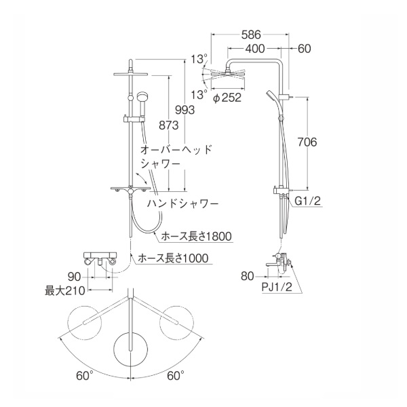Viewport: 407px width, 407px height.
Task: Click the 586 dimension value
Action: pyautogui.click(x=251, y=35)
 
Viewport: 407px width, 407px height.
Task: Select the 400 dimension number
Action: pyautogui.click(x=255, y=49)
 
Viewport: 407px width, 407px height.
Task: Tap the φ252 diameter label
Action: pyautogui.click(x=227, y=98)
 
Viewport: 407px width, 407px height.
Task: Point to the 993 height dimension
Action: pyautogui.click(x=185, y=110)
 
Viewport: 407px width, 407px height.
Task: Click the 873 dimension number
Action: pyautogui.click(x=169, y=125)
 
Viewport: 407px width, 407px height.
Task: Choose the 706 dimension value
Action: pyautogui.click(x=307, y=142)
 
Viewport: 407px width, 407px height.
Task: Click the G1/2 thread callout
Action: pyautogui.click(x=308, y=201)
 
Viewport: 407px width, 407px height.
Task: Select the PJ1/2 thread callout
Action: pyautogui.click(x=277, y=287)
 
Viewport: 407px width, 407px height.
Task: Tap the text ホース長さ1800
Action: pyautogui.click(x=196, y=237)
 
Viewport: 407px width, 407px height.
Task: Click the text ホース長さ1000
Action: pyautogui.click(x=173, y=258)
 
